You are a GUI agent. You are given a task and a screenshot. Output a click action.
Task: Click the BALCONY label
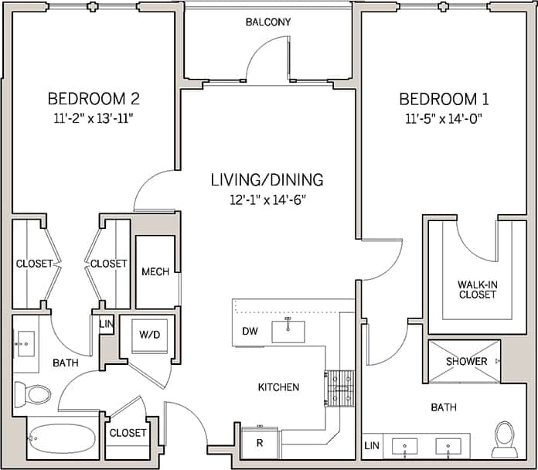(268, 22)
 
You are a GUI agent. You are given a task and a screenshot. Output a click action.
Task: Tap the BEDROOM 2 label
(94, 99)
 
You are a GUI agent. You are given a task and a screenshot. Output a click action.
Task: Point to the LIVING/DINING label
(267, 180)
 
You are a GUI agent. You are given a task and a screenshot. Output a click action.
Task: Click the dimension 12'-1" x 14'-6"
(267, 199)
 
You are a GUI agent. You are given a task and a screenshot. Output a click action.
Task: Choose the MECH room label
(155, 272)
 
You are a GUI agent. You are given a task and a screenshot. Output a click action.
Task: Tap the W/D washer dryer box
(149, 335)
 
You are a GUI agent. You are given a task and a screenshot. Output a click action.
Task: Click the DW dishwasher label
(250, 332)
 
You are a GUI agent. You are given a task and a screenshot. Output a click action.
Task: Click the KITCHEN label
(279, 387)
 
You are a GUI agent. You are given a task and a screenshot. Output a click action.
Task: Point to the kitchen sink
(288, 331)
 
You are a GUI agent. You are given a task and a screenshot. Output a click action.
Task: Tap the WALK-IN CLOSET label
(477, 290)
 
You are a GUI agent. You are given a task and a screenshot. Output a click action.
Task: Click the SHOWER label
(466, 361)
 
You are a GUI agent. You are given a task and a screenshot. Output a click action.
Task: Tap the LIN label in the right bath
(372, 446)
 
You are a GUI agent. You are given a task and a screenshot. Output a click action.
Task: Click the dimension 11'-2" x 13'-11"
(94, 119)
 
